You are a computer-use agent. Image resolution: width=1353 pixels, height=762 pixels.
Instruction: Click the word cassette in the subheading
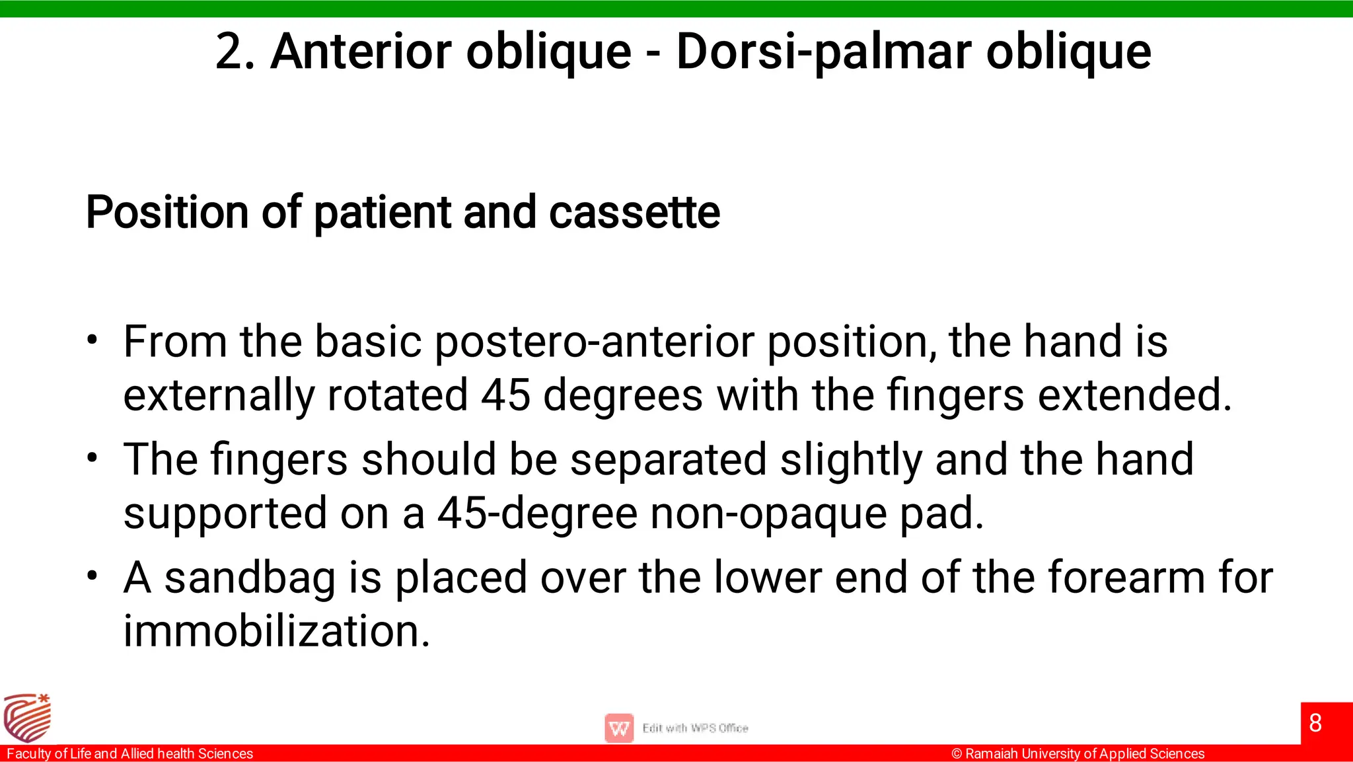[x=634, y=212]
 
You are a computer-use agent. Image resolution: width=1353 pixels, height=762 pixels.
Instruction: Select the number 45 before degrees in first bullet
[x=505, y=395]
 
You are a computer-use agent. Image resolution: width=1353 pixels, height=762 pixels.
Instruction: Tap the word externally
[x=219, y=395]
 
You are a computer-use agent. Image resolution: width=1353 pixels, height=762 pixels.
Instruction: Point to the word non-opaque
[x=769, y=513]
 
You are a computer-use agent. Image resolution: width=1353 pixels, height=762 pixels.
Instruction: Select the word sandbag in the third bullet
[x=250, y=577]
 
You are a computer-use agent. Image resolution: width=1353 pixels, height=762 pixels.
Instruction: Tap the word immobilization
[x=277, y=630]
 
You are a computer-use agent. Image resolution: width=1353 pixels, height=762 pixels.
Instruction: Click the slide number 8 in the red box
[x=1315, y=723]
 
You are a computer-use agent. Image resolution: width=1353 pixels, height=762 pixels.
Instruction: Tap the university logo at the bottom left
[x=27, y=718]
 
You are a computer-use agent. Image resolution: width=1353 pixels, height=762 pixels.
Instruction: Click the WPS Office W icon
[x=619, y=728]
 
